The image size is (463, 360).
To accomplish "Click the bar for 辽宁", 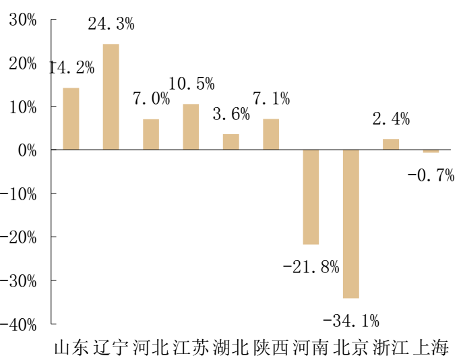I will point(111,96).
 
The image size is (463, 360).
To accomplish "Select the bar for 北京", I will point(351,223).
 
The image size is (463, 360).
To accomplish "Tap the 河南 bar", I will point(311,197).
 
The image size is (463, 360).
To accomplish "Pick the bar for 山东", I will point(71,119).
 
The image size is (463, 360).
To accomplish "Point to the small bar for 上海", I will point(431,151).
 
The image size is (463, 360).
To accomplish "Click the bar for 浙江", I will point(391,144).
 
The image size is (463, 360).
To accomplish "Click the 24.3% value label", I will point(111,24).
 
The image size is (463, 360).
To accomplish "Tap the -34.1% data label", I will point(351,319).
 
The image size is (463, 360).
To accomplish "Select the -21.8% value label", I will point(311,267).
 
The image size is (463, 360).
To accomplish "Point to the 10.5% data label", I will point(191,84).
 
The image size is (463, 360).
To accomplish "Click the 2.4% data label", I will point(391,119).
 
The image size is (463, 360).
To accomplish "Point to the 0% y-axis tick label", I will point(27,150).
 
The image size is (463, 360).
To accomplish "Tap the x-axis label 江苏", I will point(191,348).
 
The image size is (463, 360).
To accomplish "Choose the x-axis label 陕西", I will point(271,348).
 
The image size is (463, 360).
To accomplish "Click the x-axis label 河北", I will point(151,348).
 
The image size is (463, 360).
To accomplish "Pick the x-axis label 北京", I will point(351,348).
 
